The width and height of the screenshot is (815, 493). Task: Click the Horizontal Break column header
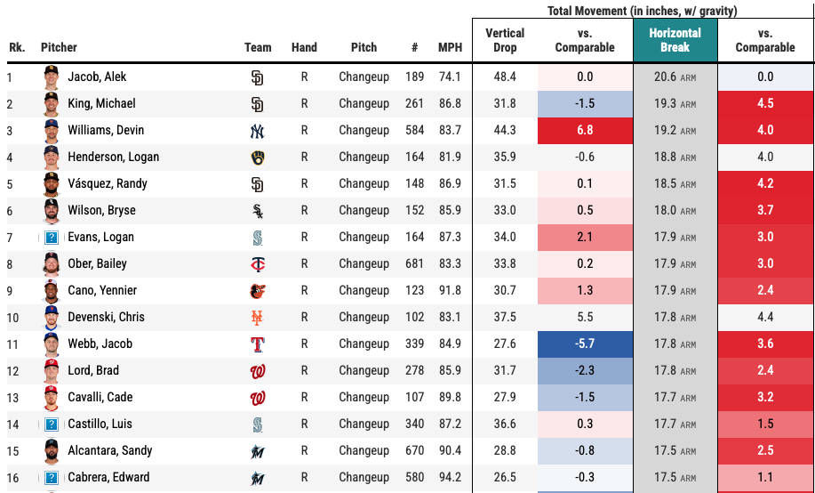click(675, 40)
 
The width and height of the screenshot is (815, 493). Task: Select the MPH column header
click(450, 47)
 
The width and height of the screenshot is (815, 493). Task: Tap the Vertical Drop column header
click(505, 40)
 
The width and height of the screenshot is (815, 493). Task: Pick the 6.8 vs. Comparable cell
click(585, 130)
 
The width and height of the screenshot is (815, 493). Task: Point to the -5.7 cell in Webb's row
click(585, 343)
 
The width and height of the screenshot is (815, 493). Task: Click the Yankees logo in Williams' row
click(258, 131)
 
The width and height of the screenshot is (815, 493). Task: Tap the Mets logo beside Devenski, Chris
click(258, 318)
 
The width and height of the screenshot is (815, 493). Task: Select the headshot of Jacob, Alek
click(51, 77)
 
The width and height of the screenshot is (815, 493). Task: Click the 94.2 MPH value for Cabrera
click(450, 477)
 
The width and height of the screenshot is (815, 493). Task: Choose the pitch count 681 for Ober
click(414, 263)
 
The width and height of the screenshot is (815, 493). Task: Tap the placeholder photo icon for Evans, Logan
click(52, 237)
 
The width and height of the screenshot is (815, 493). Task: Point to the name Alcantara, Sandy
click(110, 450)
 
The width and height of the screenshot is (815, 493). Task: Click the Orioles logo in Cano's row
click(258, 291)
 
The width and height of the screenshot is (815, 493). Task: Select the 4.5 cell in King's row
click(765, 103)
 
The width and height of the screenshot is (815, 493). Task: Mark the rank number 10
click(13, 317)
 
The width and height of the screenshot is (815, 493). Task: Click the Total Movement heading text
click(643, 11)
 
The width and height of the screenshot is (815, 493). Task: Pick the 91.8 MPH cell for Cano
click(450, 290)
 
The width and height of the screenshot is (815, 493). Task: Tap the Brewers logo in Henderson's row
click(258, 158)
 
